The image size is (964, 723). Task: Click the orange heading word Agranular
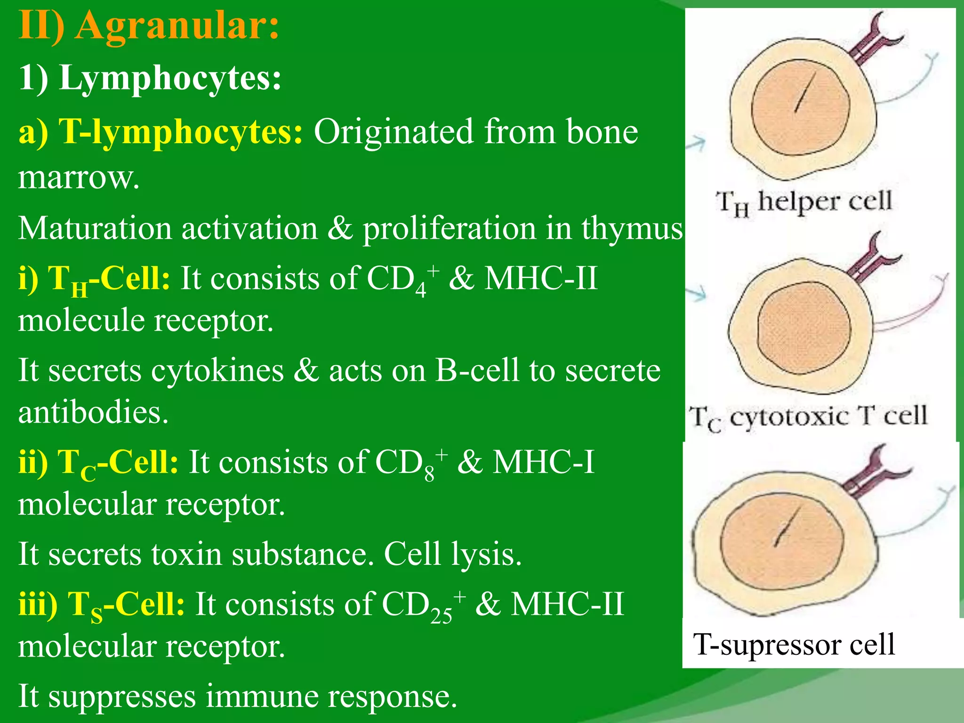[x=177, y=26]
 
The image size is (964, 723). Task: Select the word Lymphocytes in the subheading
[x=170, y=78]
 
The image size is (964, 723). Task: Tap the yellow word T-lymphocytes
[x=181, y=132]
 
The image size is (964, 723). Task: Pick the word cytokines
[x=217, y=371]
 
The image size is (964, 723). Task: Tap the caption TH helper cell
[x=804, y=202]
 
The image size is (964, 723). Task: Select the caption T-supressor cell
[x=794, y=644]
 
